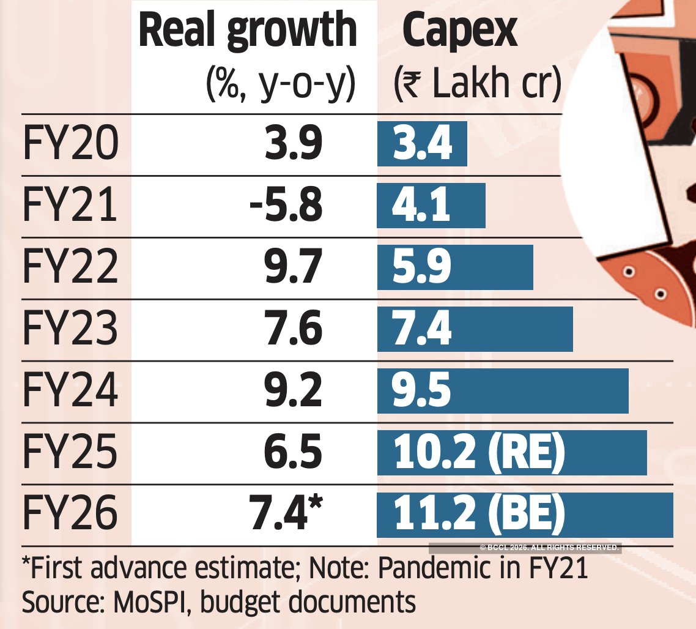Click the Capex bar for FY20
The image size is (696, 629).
click(x=422, y=144)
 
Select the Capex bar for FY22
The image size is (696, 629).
click(x=455, y=267)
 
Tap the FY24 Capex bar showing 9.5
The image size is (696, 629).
click(x=503, y=391)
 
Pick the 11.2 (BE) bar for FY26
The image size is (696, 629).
click(x=525, y=515)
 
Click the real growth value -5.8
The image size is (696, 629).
click(x=286, y=206)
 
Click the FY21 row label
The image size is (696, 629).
click(x=70, y=206)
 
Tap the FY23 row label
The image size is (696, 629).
click(x=70, y=329)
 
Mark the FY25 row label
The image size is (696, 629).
click(x=70, y=453)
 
